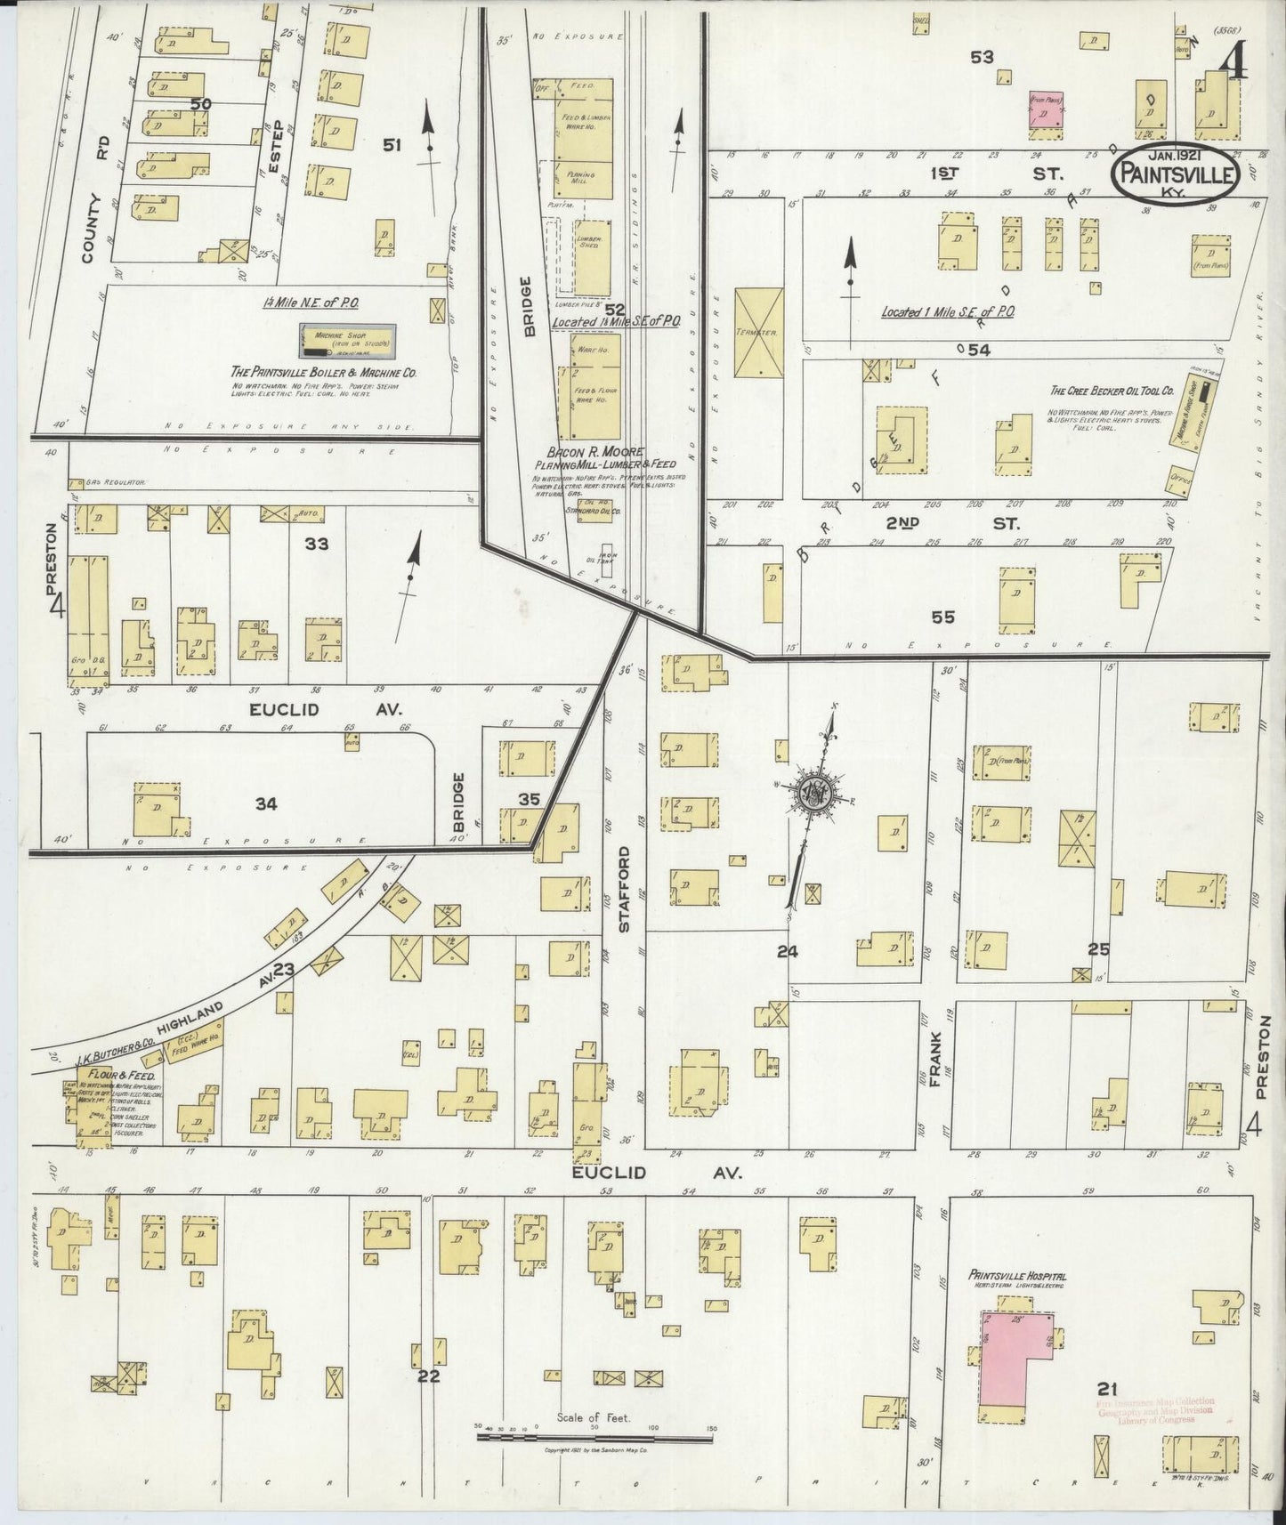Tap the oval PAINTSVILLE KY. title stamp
point(1176,174)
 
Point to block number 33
point(316,544)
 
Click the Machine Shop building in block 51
point(349,340)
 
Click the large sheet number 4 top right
point(1233,64)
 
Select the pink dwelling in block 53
point(1047,113)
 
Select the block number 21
point(1108,1387)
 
